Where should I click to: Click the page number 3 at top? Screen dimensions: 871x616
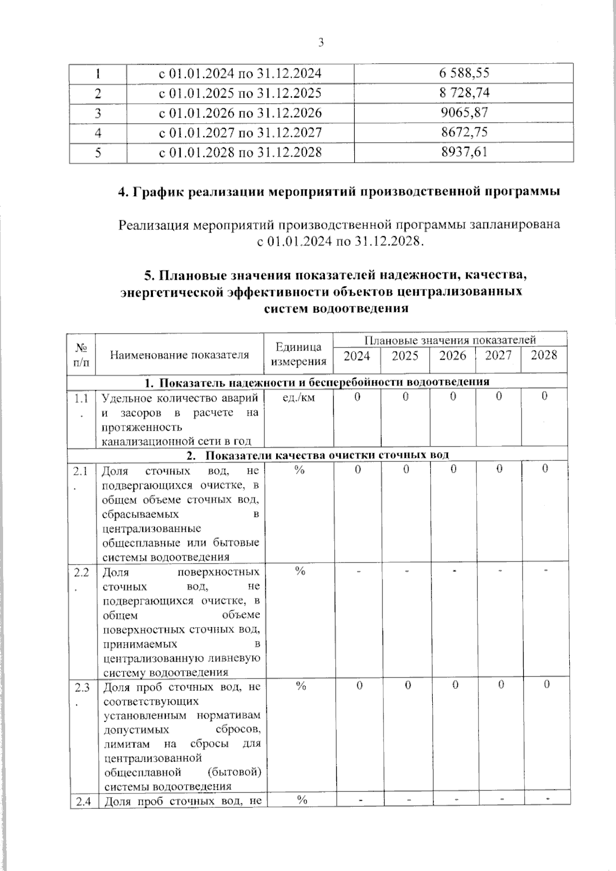click(x=321, y=43)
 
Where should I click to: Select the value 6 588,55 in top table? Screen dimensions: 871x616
click(x=464, y=73)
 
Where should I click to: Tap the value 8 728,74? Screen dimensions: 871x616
click(x=464, y=93)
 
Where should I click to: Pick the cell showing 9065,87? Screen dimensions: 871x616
click(x=464, y=112)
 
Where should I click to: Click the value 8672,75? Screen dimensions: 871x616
click(x=464, y=132)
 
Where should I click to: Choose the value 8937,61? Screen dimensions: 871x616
click(x=464, y=152)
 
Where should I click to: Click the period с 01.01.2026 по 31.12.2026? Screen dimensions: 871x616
click(x=240, y=113)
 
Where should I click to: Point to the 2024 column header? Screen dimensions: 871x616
click(x=357, y=356)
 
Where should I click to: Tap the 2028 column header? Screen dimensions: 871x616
click(x=544, y=356)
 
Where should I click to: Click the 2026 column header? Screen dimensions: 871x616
click(x=453, y=356)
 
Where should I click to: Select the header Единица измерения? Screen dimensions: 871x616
click(x=298, y=354)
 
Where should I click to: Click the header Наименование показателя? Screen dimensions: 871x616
click(x=180, y=355)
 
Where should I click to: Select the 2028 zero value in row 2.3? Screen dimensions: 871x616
click(x=546, y=685)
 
